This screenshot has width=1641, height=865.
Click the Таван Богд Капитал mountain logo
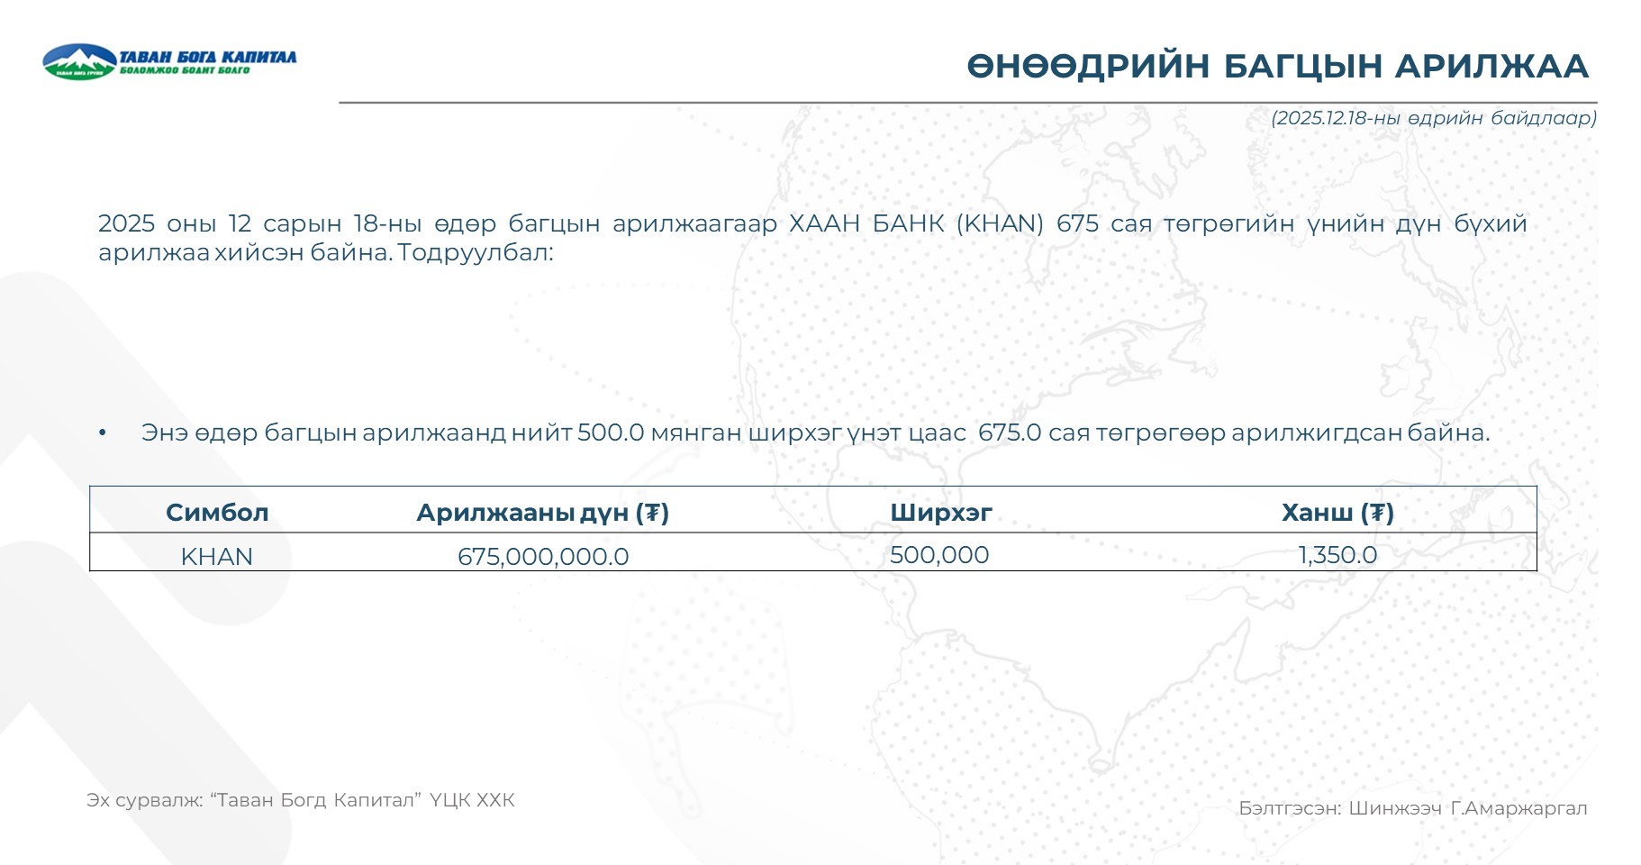(80, 61)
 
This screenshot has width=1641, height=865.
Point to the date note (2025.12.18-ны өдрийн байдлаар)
(1434, 118)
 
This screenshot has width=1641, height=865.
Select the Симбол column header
(217, 513)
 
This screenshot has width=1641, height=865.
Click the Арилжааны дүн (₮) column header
(542, 513)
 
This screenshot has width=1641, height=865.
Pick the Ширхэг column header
(941, 513)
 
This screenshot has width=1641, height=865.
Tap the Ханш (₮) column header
(1337, 513)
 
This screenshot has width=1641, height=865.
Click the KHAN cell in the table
(216, 557)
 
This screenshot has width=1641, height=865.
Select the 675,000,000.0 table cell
(543, 557)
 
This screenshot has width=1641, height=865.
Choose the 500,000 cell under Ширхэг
(939, 555)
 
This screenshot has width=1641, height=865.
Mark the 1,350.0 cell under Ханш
(1337, 555)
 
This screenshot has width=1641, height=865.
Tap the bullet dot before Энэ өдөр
(103, 433)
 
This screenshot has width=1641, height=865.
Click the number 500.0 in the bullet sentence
(611, 432)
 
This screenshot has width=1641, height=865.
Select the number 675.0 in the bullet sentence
(1010, 432)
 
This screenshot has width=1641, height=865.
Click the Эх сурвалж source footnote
(301, 800)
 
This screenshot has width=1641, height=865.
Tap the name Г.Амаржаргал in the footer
(1519, 808)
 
